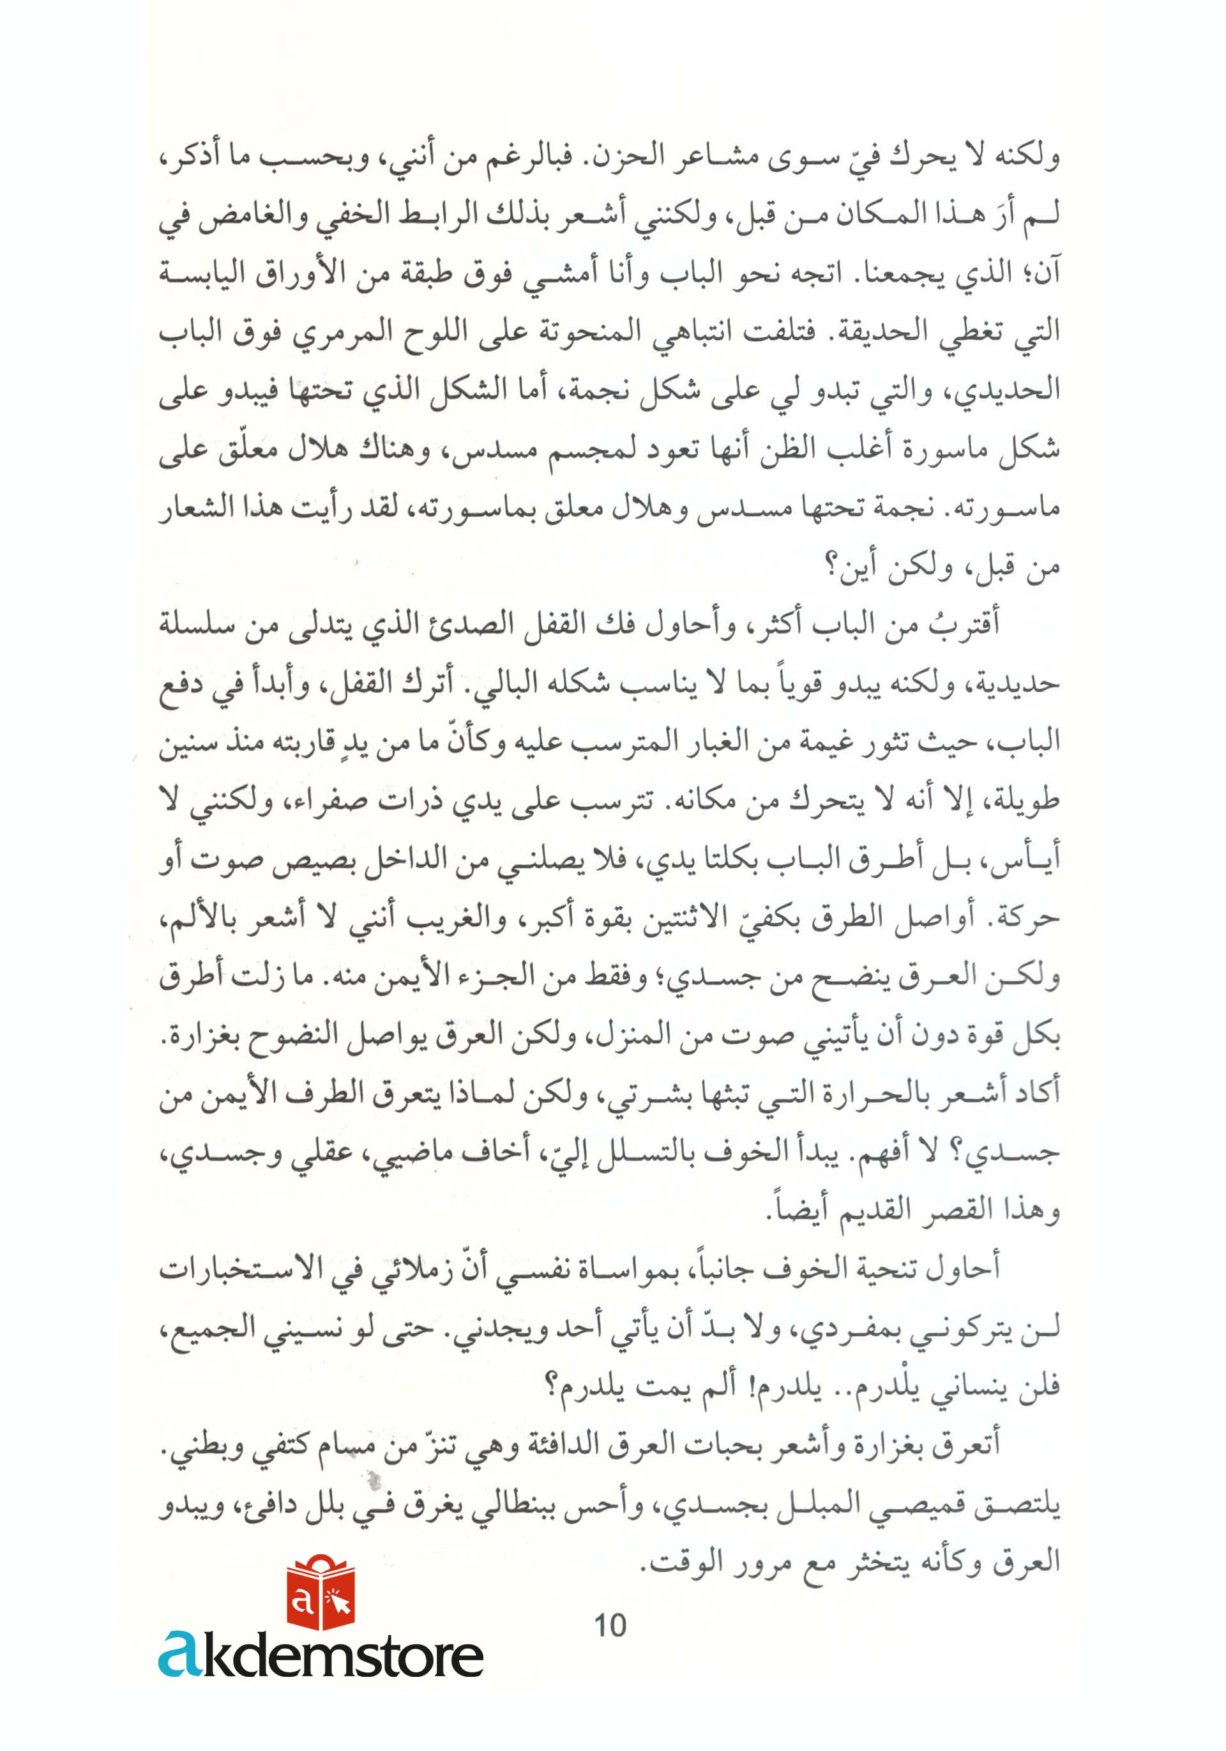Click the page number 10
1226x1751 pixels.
tap(610, 1625)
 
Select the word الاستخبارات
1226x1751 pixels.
tap(235, 1270)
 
